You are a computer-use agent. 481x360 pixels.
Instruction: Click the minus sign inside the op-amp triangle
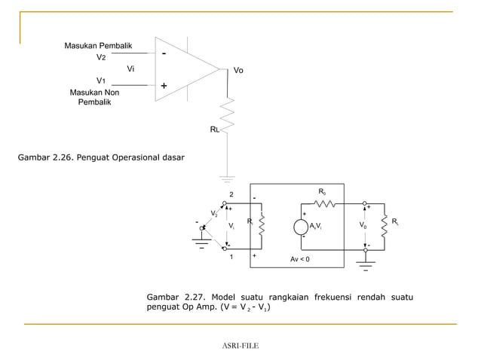pyautogui.click(x=164, y=54)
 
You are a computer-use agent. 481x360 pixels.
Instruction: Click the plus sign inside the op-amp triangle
pyautogui.click(x=164, y=87)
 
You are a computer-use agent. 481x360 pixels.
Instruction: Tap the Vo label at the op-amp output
pyautogui.click(x=238, y=70)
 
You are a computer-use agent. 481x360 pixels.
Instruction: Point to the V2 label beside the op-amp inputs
pyautogui.click(x=101, y=57)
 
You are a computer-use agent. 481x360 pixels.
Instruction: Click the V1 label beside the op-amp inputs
pyautogui.click(x=101, y=80)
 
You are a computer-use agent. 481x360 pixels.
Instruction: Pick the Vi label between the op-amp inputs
pyautogui.click(x=130, y=69)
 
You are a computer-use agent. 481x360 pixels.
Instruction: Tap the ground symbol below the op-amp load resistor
pyautogui.click(x=227, y=178)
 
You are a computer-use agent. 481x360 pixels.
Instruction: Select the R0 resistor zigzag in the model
pyautogui.click(x=323, y=203)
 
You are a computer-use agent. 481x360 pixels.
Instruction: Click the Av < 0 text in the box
pyautogui.click(x=299, y=259)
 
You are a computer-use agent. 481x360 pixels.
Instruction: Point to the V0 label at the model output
pyautogui.click(x=363, y=225)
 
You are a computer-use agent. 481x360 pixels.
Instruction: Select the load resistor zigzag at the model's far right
pyautogui.click(x=384, y=224)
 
